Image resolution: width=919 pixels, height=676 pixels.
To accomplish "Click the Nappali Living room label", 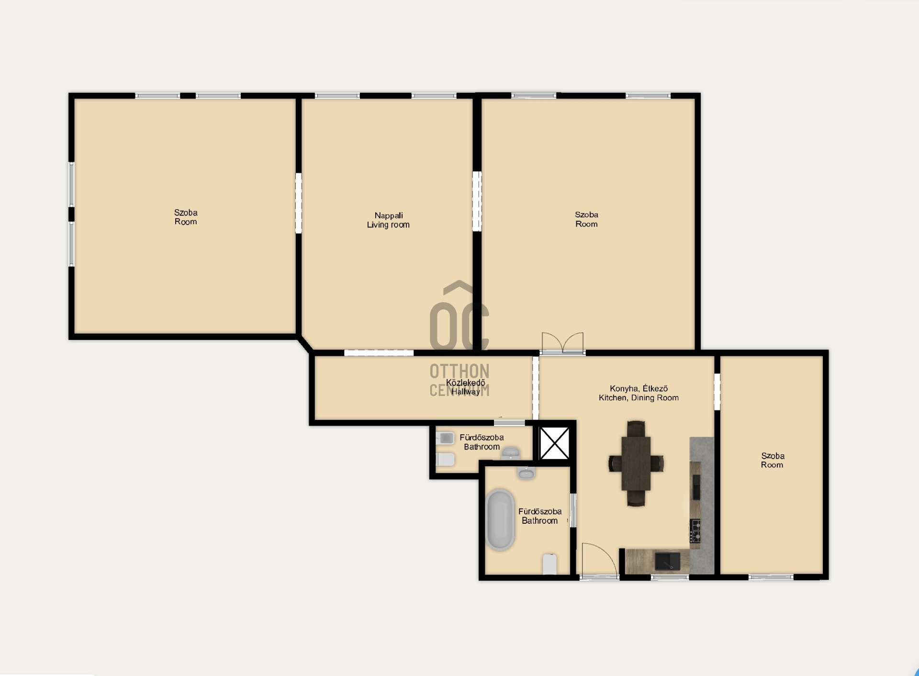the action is click(x=388, y=220).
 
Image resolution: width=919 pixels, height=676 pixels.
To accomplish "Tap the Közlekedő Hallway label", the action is click(x=465, y=387).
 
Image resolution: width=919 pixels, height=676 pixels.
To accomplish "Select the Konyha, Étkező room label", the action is click(x=639, y=393).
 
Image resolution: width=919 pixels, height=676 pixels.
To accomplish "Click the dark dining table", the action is click(x=636, y=463).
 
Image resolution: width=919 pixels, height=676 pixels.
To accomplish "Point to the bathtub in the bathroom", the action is click(x=500, y=519).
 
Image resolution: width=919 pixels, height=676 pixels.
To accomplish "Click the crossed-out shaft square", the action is click(x=554, y=443).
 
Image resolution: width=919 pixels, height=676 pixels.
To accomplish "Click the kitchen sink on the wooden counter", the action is click(x=667, y=561).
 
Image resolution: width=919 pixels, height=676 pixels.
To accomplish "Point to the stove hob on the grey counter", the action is click(x=695, y=530).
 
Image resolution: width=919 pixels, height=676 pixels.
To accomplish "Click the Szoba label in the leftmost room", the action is click(x=186, y=217).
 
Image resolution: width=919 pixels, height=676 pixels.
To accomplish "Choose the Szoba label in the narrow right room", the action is click(x=773, y=460).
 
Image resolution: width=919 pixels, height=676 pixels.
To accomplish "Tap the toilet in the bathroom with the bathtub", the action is click(x=550, y=564).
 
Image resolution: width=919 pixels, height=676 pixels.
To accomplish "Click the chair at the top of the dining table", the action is click(x=636, y=428).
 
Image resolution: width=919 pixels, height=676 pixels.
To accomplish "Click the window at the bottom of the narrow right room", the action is click(x=771, y=577).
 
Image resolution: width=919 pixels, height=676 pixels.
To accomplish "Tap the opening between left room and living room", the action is click(x=299, y=203).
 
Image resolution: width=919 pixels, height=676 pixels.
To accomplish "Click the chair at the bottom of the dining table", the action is click(x=636, y=498).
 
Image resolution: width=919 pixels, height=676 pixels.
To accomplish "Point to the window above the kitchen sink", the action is click(x=670, y=577).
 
